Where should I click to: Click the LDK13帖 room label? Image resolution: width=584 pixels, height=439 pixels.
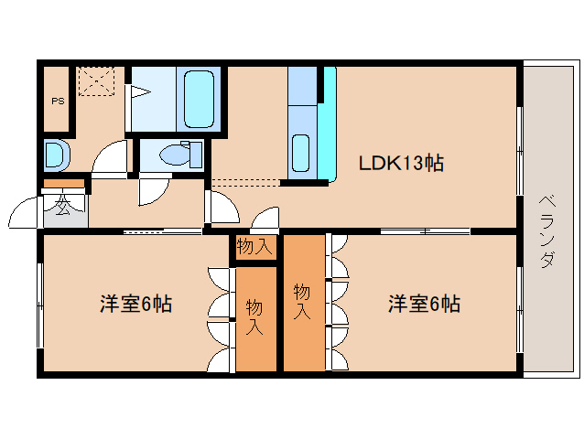pyautogui.click(x=400, y=164)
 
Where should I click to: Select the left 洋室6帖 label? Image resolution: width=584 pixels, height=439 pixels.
pyautogui.click(x=135, y=304)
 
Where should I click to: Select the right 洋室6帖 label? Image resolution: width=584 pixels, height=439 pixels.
pyautogui.click(x=423, y=304)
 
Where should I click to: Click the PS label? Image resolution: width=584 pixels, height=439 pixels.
pyautogui.click(x=57, y=102)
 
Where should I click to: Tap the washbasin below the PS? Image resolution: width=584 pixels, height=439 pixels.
pyautogui.click(x=54, y=155)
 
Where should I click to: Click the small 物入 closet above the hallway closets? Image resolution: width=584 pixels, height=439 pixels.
pyautogui.click(x=254, y=246)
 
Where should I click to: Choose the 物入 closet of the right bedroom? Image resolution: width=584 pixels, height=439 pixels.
pyautogui.click(x=303, y=302)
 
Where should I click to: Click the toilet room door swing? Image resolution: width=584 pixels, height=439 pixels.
pyautogui.click(x=152, y=190)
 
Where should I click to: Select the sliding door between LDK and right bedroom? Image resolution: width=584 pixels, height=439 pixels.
pyautogui.click(x=425, y=231)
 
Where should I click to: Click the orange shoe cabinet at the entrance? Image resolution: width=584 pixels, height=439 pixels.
pyautogui.click(x=64, y=184)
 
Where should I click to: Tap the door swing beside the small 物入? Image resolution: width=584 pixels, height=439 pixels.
pyautogui.click(x=265, y=220)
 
